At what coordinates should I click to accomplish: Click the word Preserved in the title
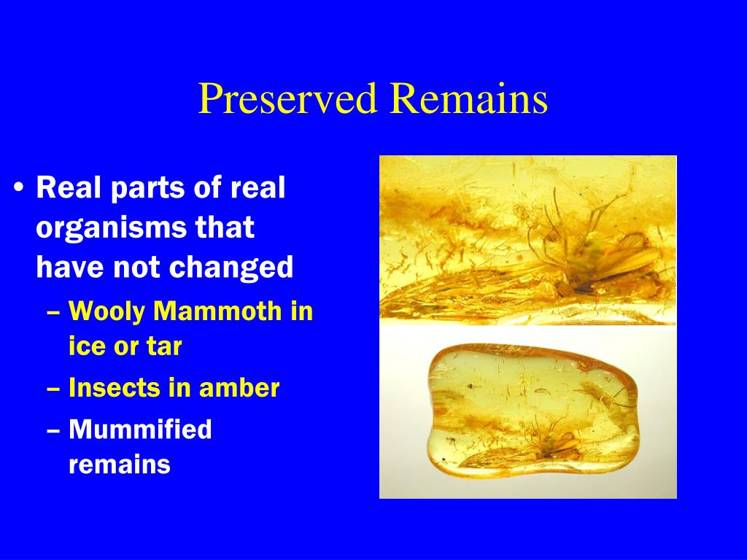click(287, 98)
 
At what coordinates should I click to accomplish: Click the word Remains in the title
click(469, 98)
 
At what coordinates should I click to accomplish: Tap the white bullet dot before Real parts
click(19, 187)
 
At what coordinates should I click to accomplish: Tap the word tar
click(164, 346)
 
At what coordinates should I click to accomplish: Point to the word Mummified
click(141, 429)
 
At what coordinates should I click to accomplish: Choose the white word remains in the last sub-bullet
click(120, 464)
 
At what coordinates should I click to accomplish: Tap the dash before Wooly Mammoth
click(53, 313)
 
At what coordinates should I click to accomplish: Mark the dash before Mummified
click(53, 430)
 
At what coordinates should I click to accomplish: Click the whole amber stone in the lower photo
click(533, 410)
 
